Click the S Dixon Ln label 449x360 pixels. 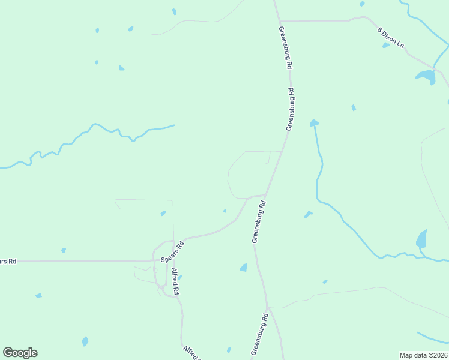tap(391, 37)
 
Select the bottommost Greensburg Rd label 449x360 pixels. tap(259, 334)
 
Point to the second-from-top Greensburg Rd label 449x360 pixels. tap(291, 109)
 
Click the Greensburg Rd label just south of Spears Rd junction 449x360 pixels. tap(258, 222)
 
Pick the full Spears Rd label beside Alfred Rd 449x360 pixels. tap(172, 251)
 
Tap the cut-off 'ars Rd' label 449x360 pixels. tap(8, 261)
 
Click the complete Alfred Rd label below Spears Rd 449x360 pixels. tap(176, 281)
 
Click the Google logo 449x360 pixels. tap(20, 353)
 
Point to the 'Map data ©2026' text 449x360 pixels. tap(423, 355)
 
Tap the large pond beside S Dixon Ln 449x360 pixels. tap(426, 77)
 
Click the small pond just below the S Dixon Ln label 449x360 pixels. tap(386, 45)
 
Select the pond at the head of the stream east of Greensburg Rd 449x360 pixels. tap(313, 123)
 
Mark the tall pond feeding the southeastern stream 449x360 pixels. tap(421, 239)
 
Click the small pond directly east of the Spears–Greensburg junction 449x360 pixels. tap(308, 214)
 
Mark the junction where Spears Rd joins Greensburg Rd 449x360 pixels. tap(265, 195)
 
